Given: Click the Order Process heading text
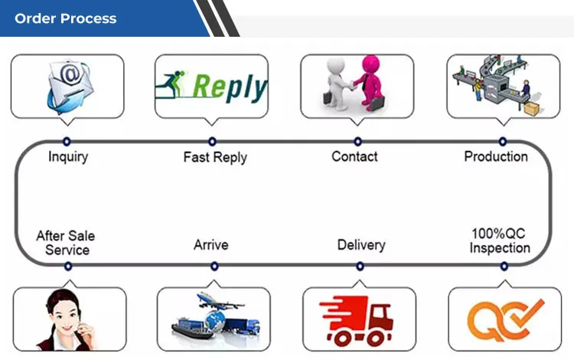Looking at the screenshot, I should click(x=66, y=18).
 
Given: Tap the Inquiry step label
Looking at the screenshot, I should click(x=67, y=157).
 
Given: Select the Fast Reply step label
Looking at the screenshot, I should click(x=215, y=157).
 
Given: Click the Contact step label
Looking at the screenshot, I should click(x=354, y=156).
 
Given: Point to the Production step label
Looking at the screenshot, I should click(x=496, y=156).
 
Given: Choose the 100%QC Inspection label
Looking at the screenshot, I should click(x=499, y=241).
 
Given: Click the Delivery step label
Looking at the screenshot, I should click(x=360, y=245).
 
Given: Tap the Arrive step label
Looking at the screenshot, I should click(x=210, y=245).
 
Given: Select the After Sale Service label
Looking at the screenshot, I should click(x=67, y=243).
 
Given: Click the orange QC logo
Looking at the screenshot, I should click(x=506, y=319).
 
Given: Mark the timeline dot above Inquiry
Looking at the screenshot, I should click(x=67, y=141).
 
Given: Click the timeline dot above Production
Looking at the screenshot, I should click(x=503, y=141).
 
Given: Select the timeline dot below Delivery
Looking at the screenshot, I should click(x=360, y=267).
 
